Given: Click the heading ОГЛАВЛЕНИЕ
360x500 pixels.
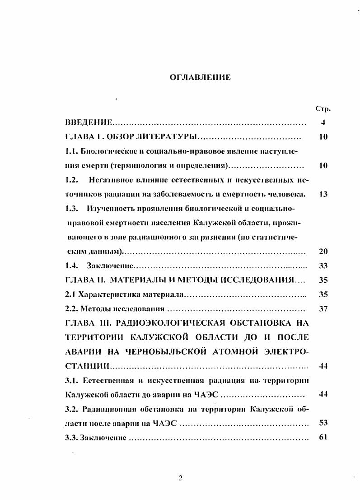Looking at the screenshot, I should (x=200, y=78).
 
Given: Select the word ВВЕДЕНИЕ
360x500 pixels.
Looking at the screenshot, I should (x=88, y=123).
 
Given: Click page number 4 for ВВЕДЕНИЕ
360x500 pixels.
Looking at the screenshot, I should (x=323, y=123).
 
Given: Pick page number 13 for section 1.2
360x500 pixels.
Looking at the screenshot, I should (x=323, y=194).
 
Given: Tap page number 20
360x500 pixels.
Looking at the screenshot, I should (x=323, y=252).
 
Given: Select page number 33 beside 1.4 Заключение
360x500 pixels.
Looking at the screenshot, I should (x=323, y=266).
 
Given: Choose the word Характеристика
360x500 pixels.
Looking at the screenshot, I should (x=107, y=294).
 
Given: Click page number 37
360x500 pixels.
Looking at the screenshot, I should (x=323, y=309).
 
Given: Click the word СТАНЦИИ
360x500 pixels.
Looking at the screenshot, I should (x=87, y=366).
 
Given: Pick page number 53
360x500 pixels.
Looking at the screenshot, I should (x=323, y=423).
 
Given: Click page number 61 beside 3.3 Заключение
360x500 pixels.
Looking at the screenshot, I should (x=323, y=437).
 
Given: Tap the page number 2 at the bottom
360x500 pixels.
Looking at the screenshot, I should (x=180, y=479).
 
